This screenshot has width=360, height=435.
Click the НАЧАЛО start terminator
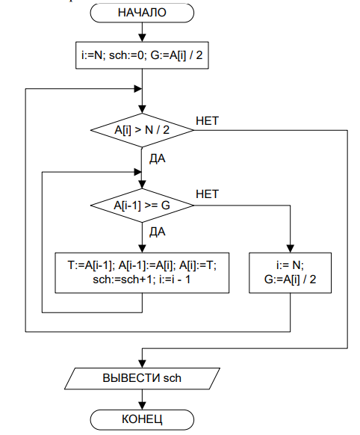142,13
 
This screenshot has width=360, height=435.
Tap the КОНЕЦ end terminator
142,419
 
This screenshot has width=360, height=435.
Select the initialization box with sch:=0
142,55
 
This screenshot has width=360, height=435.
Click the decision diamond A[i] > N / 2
142,130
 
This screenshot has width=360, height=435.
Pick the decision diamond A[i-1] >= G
142,206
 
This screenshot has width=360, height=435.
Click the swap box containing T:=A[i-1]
142,273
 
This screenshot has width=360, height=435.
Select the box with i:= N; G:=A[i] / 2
290,273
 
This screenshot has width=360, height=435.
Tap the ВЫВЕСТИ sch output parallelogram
142,378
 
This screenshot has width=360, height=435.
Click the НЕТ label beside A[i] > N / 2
208,121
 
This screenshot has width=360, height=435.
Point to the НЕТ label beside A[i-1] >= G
208,194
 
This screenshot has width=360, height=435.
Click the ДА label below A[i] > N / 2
158,159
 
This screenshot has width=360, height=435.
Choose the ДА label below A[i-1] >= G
158,232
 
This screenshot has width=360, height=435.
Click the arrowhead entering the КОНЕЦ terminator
142,406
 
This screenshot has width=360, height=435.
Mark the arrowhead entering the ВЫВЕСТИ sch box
142,364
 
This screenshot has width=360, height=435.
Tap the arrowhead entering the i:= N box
290,249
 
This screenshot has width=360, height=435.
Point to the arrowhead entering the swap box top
142,249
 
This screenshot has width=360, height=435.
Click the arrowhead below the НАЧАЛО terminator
142,38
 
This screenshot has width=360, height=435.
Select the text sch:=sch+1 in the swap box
122,280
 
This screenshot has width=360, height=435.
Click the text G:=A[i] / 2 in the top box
176,55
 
